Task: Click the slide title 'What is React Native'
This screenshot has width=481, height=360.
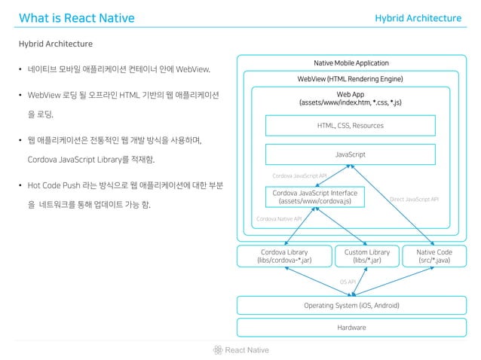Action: (76, 18)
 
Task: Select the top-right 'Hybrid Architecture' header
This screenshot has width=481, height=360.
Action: (418, 18)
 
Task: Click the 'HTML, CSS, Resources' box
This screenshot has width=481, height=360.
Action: (351, 125)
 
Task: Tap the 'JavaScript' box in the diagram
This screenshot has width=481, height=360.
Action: (351, 154)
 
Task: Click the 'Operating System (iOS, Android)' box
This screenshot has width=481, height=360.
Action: (351, 305)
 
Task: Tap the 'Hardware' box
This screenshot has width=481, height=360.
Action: (351, 328)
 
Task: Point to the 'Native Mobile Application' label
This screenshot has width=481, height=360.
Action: (351, 63)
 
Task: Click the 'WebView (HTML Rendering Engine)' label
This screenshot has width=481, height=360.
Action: (351, 79)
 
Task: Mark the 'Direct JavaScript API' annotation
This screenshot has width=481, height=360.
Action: (414, 200)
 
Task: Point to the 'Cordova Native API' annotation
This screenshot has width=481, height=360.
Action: (279, 218)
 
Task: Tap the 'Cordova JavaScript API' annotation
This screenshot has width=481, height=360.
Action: (299, 175)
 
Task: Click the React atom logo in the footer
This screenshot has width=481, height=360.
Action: (217, 349)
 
